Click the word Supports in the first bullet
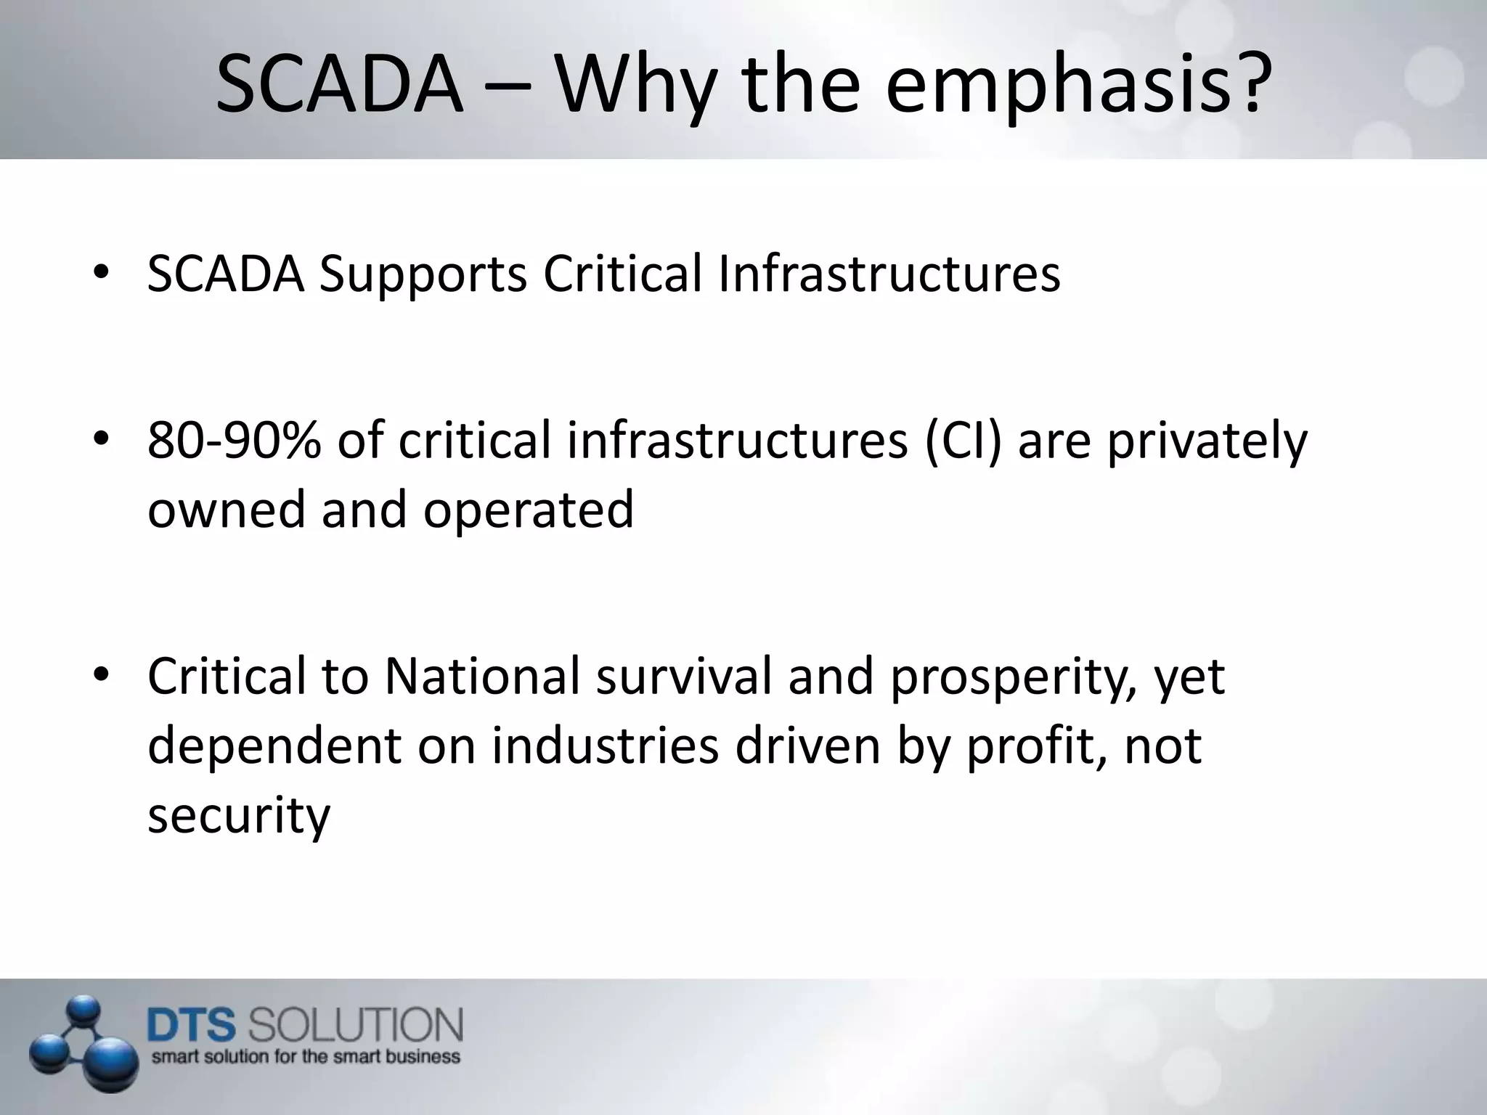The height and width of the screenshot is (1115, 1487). (423, 276)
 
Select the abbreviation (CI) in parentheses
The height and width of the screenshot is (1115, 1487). (963, 441)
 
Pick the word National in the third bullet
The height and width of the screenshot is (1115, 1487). (482, 677)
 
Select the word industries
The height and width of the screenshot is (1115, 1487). (605, 746)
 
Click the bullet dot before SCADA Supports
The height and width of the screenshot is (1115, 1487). (101, 274)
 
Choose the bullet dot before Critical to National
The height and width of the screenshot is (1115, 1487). (101, 676)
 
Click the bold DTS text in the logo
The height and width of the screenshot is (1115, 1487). (192, 1026)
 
